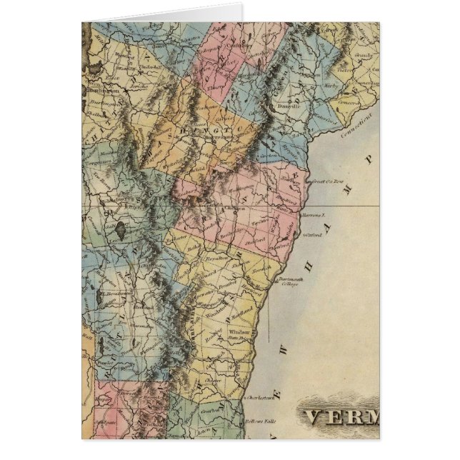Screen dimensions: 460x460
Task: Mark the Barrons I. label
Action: [314, 214]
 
